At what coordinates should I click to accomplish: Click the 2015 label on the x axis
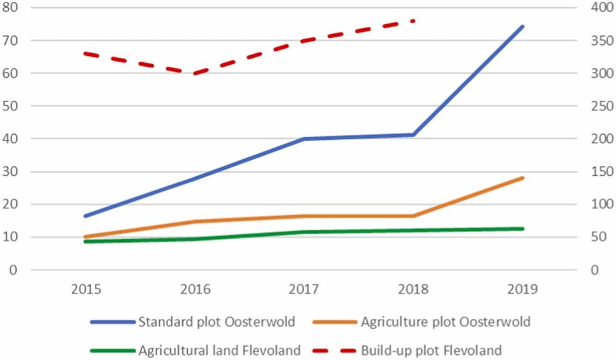86,289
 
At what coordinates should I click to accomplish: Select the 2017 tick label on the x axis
304,289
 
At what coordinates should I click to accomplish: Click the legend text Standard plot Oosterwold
217,322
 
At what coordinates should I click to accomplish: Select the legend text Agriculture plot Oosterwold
446,322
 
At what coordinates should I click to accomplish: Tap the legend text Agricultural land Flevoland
219,350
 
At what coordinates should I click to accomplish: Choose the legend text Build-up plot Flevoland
431,350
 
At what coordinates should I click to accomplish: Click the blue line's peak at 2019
523,26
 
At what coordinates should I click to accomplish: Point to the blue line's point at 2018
414,135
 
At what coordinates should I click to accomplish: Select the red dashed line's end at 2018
414,21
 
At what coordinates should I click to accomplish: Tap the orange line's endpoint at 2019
523,178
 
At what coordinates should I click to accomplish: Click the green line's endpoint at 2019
523,228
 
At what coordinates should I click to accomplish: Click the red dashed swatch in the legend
334,350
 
